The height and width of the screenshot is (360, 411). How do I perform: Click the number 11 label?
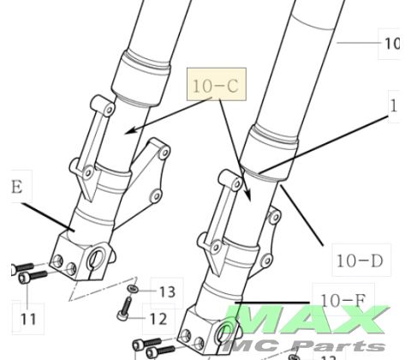pyautogui.click(x=28, y=319)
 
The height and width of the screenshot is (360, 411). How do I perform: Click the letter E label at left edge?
pyautogui.click(x=13, y=185)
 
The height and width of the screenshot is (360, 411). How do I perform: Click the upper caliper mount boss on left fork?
pyautogui.click(x=103, y=106)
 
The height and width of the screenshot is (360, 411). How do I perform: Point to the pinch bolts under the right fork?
pyautogui.click(x=159, y=350)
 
